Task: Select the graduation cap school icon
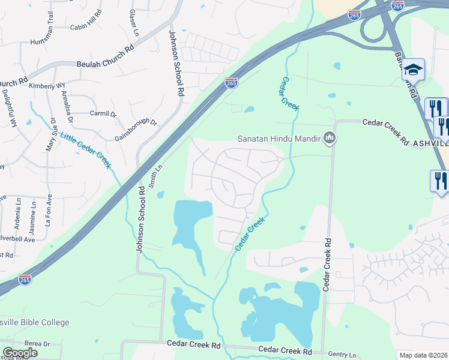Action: (x=413, y=69)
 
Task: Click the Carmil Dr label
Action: (x=103, y=113)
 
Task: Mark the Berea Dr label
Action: (x=37, y=343)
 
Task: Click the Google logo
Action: (x=20, y=353)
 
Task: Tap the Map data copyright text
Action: (x=423, y=355)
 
